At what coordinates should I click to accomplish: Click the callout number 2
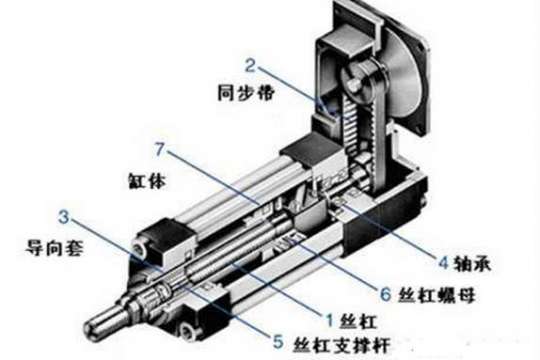tap(251, 70)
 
